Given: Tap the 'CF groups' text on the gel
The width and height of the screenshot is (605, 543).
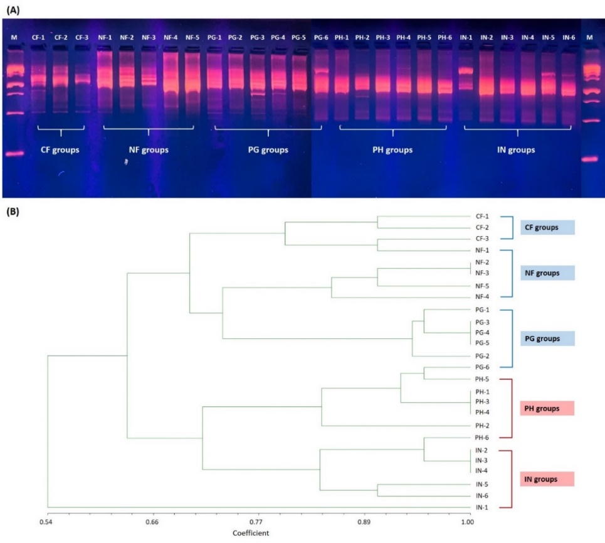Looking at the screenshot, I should click(x=61, y=151).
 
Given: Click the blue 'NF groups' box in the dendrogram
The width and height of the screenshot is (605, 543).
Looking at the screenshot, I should click(x=547, y=273).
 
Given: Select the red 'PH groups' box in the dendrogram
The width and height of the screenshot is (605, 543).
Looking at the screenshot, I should click(x=547, y=409).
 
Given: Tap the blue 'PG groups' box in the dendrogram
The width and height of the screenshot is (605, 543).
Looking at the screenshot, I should click(x=547, y=339).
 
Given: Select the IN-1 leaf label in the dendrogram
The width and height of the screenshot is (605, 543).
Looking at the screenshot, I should click(x=482, y=507).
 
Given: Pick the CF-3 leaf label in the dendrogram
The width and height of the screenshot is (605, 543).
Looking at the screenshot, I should click(x=482, y=239).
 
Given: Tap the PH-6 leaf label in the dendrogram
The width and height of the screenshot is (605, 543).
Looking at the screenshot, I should click(x=482, y=438).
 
